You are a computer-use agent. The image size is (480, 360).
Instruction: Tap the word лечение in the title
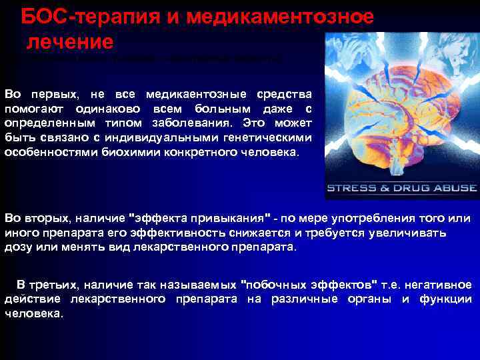point(69,42)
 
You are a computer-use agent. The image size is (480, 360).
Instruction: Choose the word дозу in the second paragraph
point(17,247)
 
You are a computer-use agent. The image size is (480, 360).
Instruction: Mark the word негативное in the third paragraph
point(441,285)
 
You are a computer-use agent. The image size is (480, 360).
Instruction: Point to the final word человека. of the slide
point(34,314)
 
